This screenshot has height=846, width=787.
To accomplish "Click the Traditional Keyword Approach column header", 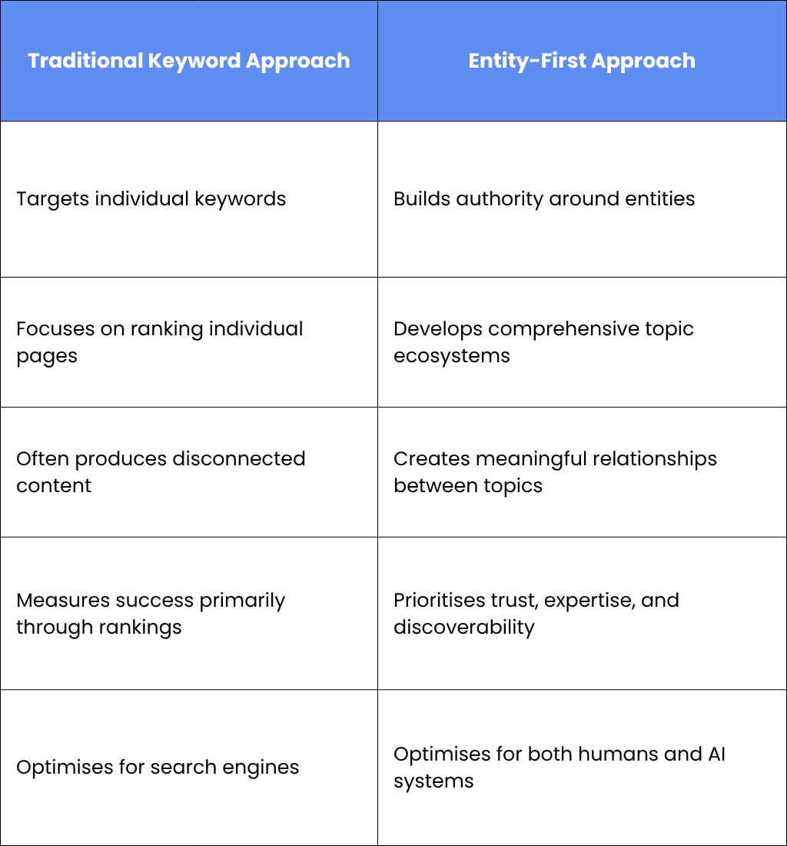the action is (188, 61).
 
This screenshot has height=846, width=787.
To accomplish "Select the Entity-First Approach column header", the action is (582, 61).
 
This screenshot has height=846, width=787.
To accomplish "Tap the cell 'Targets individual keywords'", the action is (188, 199).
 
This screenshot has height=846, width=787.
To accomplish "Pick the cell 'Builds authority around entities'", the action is (582, 199).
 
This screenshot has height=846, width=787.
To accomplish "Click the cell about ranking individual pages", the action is (188, 342).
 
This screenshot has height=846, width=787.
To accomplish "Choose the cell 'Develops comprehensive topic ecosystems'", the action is (582, 342).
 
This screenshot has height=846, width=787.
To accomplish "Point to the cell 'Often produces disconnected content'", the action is (188, 472).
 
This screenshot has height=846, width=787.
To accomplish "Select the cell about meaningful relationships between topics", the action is (582, 472).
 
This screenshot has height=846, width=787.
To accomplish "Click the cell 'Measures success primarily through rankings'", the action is (188, 614).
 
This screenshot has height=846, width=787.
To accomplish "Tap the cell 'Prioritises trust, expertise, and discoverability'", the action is (582, 614).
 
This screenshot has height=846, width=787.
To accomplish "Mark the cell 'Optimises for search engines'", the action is (188, 768).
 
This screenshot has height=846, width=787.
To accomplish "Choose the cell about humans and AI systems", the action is (582, 768).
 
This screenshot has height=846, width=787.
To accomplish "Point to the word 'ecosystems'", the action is (452, 356).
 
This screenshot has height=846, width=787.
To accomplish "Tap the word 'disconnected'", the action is (239, 458).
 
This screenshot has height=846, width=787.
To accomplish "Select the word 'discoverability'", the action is (464, 627).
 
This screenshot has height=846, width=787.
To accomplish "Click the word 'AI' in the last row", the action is (716, 754).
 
